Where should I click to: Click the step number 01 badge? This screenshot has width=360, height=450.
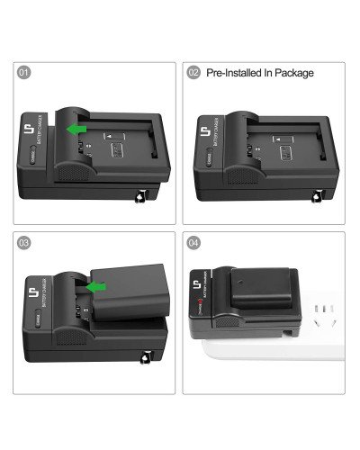(x=23, y=73)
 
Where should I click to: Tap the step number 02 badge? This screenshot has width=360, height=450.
(x=193, y=73)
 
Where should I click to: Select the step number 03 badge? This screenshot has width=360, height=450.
(x=23, y=242)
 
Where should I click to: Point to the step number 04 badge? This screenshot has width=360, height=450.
(x=193, y=242)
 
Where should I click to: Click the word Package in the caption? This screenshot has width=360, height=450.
(x=293, y=73)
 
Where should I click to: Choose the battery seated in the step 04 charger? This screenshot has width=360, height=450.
(x=261, y=291)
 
